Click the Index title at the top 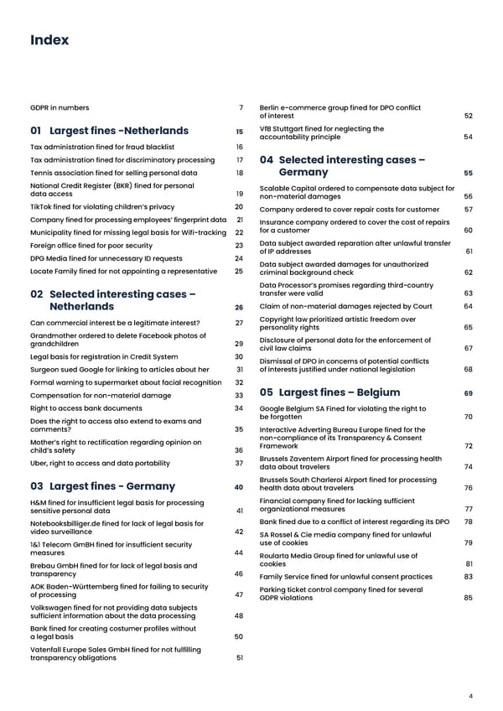(x=49, y=39)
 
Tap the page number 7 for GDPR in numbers (x=241, y=107)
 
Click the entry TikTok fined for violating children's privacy (x=102, y=206)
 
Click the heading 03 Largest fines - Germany (x=102, y=486)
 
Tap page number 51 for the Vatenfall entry (x=239, y=657)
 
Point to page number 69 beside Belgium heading (x=468, y=393)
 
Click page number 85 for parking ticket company (x=468, y=598)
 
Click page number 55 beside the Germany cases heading (x=468, y=173)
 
